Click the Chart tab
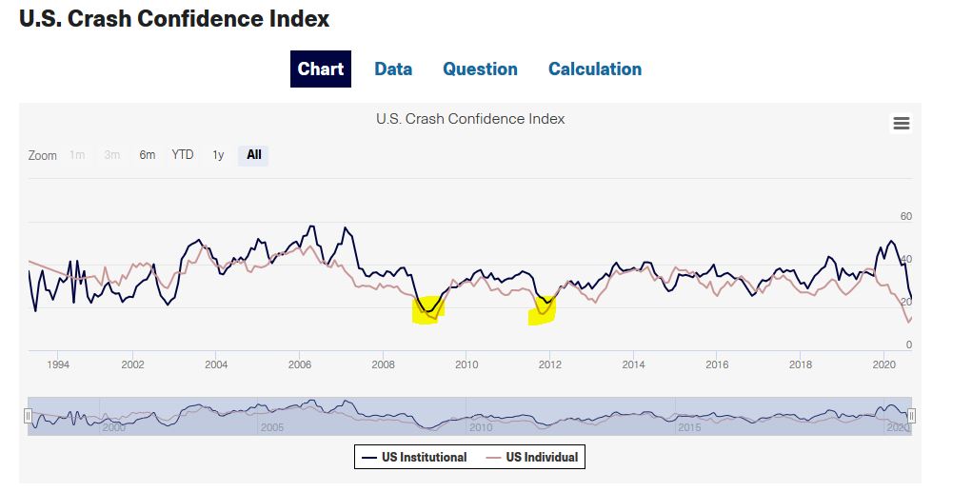coord(321,69)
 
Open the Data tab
coord(393,69)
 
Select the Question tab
coord(480,69)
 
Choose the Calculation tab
coord(595,69)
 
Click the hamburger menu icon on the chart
coord(901,123)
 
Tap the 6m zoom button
coord(148,155)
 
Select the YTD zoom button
coord(183,155)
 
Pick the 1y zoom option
coord(218,155)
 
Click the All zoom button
coord(253,155)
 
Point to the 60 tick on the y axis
coord(906,217)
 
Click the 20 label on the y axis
coord(906,303)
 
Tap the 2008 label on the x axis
coord(383,364)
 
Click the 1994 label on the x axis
coord(58,364)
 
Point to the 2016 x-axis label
coord(717,364)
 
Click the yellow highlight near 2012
coord(542,310)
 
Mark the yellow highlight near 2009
coord(427,310)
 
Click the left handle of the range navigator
coord(28,415)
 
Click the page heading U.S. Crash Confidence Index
coord(174,18)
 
